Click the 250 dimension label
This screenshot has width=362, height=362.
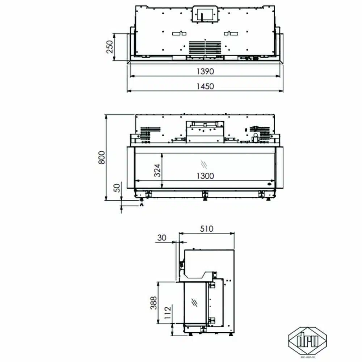[109, 47]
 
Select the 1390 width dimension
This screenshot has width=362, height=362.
[205, 71]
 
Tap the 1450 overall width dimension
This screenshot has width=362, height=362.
[205, 86]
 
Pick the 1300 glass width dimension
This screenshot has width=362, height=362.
[205, 176]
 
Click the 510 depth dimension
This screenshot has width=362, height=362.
[207, 229]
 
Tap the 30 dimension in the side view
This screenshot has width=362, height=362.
[161, 237]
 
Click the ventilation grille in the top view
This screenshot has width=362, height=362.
[205, 47]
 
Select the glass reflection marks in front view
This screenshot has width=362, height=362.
[205, 164]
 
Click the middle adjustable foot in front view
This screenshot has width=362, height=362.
[205, 194]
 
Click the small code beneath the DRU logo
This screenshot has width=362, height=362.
[307, 357]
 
